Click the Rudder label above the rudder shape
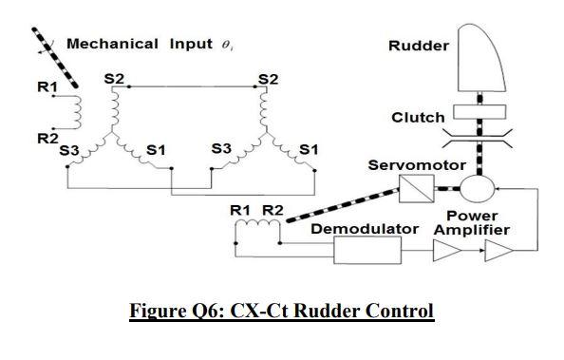pyautogui.click(x=419, y=46)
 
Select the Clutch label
pyautogui.click(x=417, y=118)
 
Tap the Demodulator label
pyautogui.click(x=365, y=231)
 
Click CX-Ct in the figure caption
pyautogui.click(x=252, y=312)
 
